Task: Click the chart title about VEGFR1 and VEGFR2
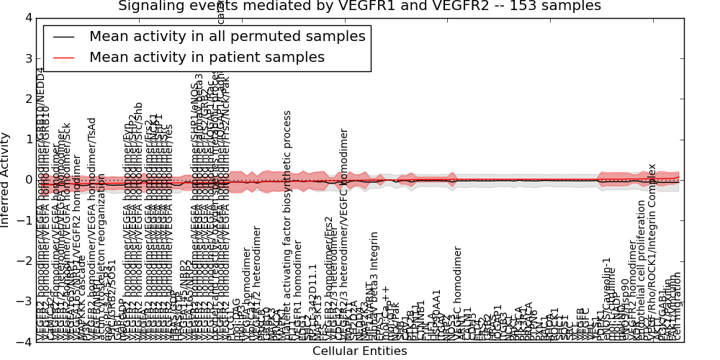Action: coord(359,6)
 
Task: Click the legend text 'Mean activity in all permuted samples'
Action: coord(227,36)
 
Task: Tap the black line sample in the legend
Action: coord(64,37)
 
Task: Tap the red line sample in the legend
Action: coord(64,58)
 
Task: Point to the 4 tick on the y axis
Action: coord(28,17)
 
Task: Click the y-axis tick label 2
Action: coord(28,99)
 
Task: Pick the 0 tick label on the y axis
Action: coord(28,180)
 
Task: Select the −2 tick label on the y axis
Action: coord(25,261)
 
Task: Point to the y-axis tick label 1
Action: coord(28,139)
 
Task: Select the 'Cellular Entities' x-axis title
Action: coord(359,351)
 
